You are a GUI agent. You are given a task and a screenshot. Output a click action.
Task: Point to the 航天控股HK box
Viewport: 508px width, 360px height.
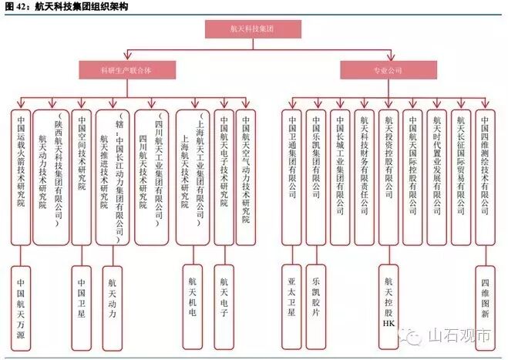(x=388, y=297)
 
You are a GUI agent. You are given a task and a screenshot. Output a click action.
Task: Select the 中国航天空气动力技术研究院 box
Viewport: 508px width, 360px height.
(x=246, y=177)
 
